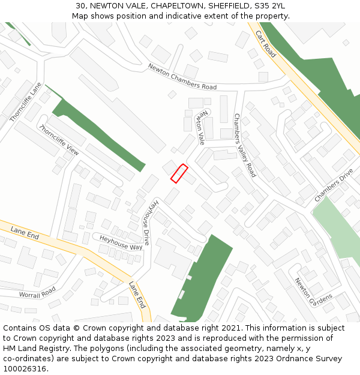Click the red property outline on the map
coord(179,173)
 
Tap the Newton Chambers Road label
coord(182,77)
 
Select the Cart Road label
coord(265,44)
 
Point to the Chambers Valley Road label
coord(245,145)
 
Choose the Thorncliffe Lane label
coord(26,103)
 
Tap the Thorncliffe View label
coord(59,140)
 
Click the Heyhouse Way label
coord(121,242)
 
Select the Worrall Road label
coord(37,292)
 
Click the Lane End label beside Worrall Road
coord(25,233)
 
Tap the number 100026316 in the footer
coord(25,368)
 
